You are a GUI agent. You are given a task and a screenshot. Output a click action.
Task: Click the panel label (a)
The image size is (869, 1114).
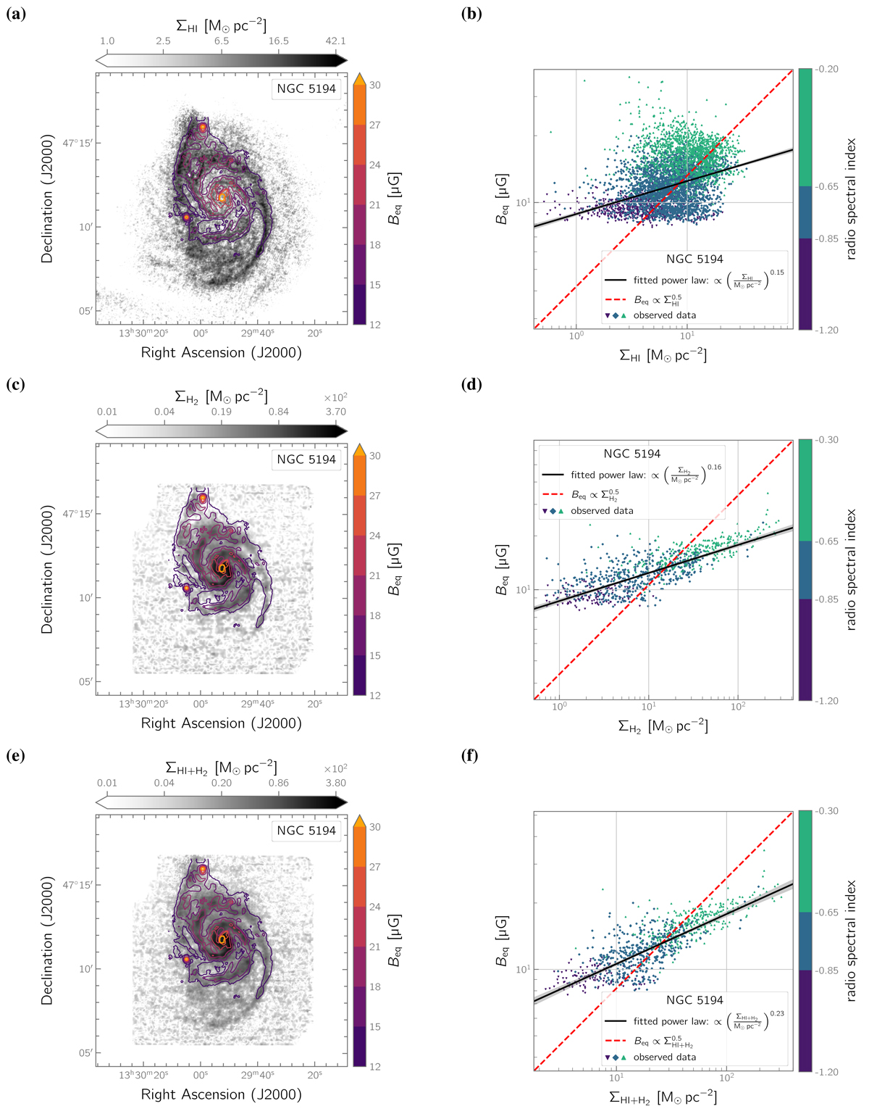pyautogui.click(x=15, y=13)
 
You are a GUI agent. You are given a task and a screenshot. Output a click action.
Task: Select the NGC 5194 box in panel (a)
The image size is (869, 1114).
pyautogui.click(x=306, y=89)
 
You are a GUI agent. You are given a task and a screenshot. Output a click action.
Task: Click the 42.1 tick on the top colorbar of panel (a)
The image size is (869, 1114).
pyautogui.click(x=335, y=41)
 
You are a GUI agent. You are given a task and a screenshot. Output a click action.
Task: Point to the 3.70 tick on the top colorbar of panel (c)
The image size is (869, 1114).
pyautogui.click(x=335, y=412)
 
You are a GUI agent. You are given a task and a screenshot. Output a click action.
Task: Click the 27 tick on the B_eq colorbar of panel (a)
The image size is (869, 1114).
pyautogui.click(x=374, y=125)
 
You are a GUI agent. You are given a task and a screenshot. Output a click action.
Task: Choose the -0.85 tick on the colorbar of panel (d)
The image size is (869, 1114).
pyautogui.click(x=826, y=599)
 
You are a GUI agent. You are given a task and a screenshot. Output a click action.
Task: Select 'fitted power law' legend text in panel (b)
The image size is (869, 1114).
pyautogui.click(x=671, y=280)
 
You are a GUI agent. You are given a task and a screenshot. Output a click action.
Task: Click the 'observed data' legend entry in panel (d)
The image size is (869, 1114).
pyautogui.click(x=602, y=511)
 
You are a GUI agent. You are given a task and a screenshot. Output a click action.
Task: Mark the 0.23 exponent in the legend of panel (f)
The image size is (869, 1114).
pyautogui.click(x=777, y=1014)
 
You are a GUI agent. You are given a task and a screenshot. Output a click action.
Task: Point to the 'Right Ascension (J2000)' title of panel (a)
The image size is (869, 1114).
pyautogui.click(x=221, y=353)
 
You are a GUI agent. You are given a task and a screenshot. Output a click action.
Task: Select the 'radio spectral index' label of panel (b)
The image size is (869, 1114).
pyautogui.click(x=851, y=199)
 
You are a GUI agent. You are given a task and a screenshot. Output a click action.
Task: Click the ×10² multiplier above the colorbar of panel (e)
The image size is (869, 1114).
pyautogui.click(x=335, y=769)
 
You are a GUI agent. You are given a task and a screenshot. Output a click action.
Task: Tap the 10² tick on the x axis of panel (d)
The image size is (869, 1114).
pyautogui.click(x=737, y=706)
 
